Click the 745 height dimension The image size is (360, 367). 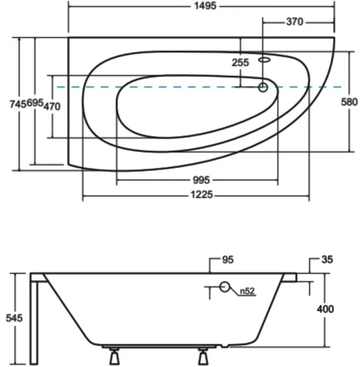[x=17, y=105]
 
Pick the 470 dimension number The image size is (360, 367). [x=52, y=106]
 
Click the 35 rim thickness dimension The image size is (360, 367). [x=327, y=260]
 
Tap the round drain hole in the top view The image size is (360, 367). [x=263, y=87]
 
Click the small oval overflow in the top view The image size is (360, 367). [x=265, y=59]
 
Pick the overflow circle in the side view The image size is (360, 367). [x=225, y=287]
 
